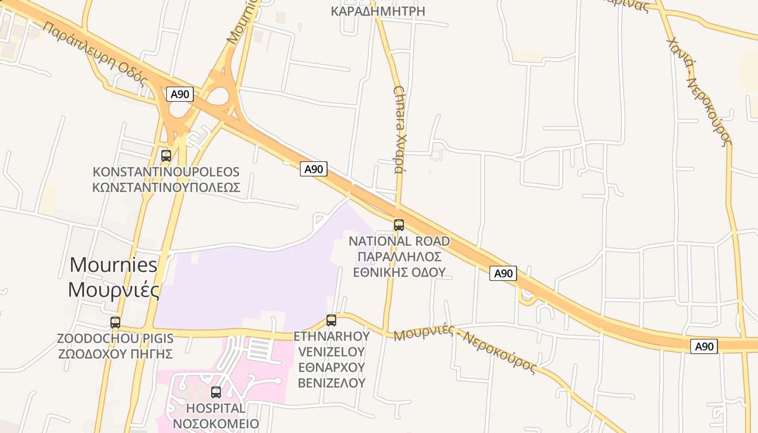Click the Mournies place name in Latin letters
(x=114, y=265)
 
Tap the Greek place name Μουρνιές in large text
(x=114, y=290)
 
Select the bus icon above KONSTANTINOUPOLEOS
(x=166, y=156)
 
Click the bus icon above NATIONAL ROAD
(x=399, y=225)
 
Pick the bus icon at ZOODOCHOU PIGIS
(x=115, y=323)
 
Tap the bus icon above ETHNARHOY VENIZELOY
(x=331, y=320)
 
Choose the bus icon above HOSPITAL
(x=216, y=392)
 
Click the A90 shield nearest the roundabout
(x=180, y=94)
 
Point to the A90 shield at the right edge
(x=704, y=346)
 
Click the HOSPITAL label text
(x=215, y=408)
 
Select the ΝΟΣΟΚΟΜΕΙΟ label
(x=215, y=423)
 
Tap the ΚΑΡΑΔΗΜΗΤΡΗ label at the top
(x=377, y=11)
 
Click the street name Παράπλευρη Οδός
(x=95, y=54)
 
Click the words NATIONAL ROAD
(x=399, y=241)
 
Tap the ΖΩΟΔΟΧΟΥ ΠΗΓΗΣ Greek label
(x=115, y=354)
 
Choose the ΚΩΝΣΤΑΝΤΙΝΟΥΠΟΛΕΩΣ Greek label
(x=166, y=187)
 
